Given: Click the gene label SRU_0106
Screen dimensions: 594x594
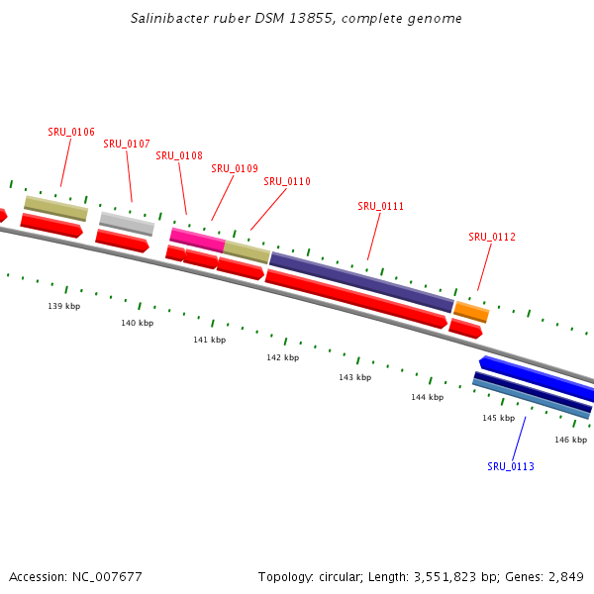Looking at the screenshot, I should coord(71,132).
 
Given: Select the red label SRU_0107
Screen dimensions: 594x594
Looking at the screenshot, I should coord(127,144).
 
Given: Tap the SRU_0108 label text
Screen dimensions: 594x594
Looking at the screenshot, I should coord(179,155).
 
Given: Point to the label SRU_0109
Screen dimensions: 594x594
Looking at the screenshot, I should coord(235,168).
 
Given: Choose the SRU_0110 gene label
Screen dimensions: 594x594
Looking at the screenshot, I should coord(287,181).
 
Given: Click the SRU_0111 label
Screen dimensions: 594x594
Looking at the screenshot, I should coord(381,206).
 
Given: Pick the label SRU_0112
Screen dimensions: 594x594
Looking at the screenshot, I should coord(492,237).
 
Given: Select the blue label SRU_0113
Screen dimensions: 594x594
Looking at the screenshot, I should coord(511,466).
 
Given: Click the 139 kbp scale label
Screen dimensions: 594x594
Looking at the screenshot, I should coord(64,306).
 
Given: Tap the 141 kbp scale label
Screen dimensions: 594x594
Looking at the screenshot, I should coord(209,340).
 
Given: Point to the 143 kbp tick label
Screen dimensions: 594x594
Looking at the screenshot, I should coord(354,377).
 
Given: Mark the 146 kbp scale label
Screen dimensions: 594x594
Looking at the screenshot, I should coord(570,440).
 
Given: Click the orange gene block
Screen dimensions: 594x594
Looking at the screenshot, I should coord(471,312).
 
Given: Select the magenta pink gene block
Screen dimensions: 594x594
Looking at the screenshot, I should coord(197,239).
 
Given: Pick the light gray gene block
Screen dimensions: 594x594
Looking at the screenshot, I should coord(127,223).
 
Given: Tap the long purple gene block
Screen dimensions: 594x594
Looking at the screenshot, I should coord(361,281).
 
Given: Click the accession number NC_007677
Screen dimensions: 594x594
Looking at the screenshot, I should coord(103,576).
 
